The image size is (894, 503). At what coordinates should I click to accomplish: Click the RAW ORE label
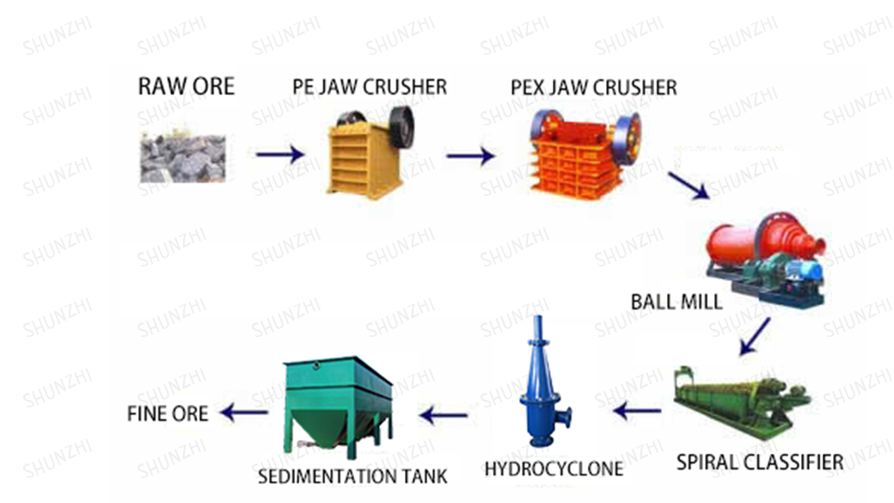click(186, 86)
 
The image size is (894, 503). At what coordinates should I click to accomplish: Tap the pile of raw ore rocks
click(182, 157)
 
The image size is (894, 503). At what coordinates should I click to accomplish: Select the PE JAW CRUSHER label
click(370, 87)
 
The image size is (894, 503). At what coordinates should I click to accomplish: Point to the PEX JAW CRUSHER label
click(593, 88)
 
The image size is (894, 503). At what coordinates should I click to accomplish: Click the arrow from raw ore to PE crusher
click(280, 154)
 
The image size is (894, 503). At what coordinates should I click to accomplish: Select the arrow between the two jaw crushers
click(470, 156)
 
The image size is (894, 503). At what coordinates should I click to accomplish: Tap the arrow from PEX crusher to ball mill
click(689, 185)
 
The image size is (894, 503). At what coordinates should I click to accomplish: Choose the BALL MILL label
click(677, 303)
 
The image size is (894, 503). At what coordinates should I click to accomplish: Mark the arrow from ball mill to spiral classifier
click(755, 336)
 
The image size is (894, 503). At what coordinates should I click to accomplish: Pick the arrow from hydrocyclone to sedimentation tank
click(443, 416)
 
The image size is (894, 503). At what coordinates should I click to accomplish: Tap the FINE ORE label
click(168, 414)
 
